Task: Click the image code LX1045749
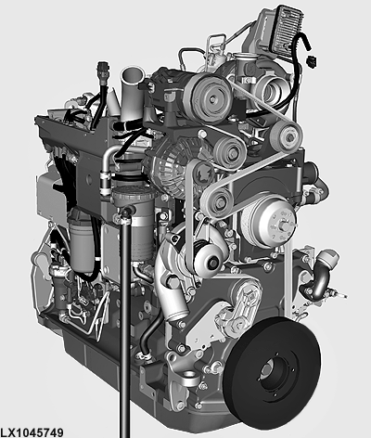pos(32,432)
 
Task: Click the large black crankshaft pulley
pos(272,369)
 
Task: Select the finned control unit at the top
pos(286,30)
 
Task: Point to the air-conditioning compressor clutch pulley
pos(211,98)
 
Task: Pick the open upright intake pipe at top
pos(133,93)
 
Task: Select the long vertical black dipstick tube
pos(125,322)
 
